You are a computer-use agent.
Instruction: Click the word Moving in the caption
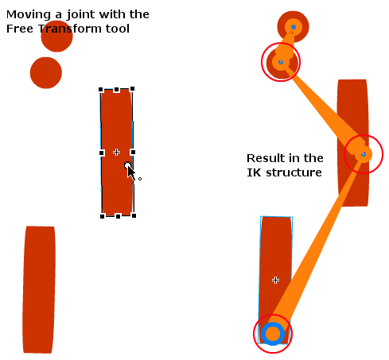coord(29,14)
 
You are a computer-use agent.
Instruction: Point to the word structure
coord(294,172)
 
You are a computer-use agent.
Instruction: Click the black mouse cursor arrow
coord(131,173)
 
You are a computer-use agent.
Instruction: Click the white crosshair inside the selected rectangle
coord(116,152)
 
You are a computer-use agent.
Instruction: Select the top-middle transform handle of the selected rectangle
coord(116,90)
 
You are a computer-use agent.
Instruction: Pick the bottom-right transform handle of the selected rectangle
coord(134,215)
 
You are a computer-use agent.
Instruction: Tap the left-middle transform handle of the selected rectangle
coord(102,153)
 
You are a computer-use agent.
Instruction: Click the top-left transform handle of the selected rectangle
coord(101,90)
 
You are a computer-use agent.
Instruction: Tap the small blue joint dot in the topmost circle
coord(294,27)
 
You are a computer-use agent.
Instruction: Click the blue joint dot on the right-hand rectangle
coord(364,154)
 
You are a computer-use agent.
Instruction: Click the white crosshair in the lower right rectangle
coord(275,280)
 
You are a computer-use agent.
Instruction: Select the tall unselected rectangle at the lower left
coord(39,289)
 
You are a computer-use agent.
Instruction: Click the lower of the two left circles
coord(46,72)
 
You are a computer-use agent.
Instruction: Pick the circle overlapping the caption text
coord(56,36)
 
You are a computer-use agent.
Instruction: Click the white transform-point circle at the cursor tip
coord(127,165)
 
